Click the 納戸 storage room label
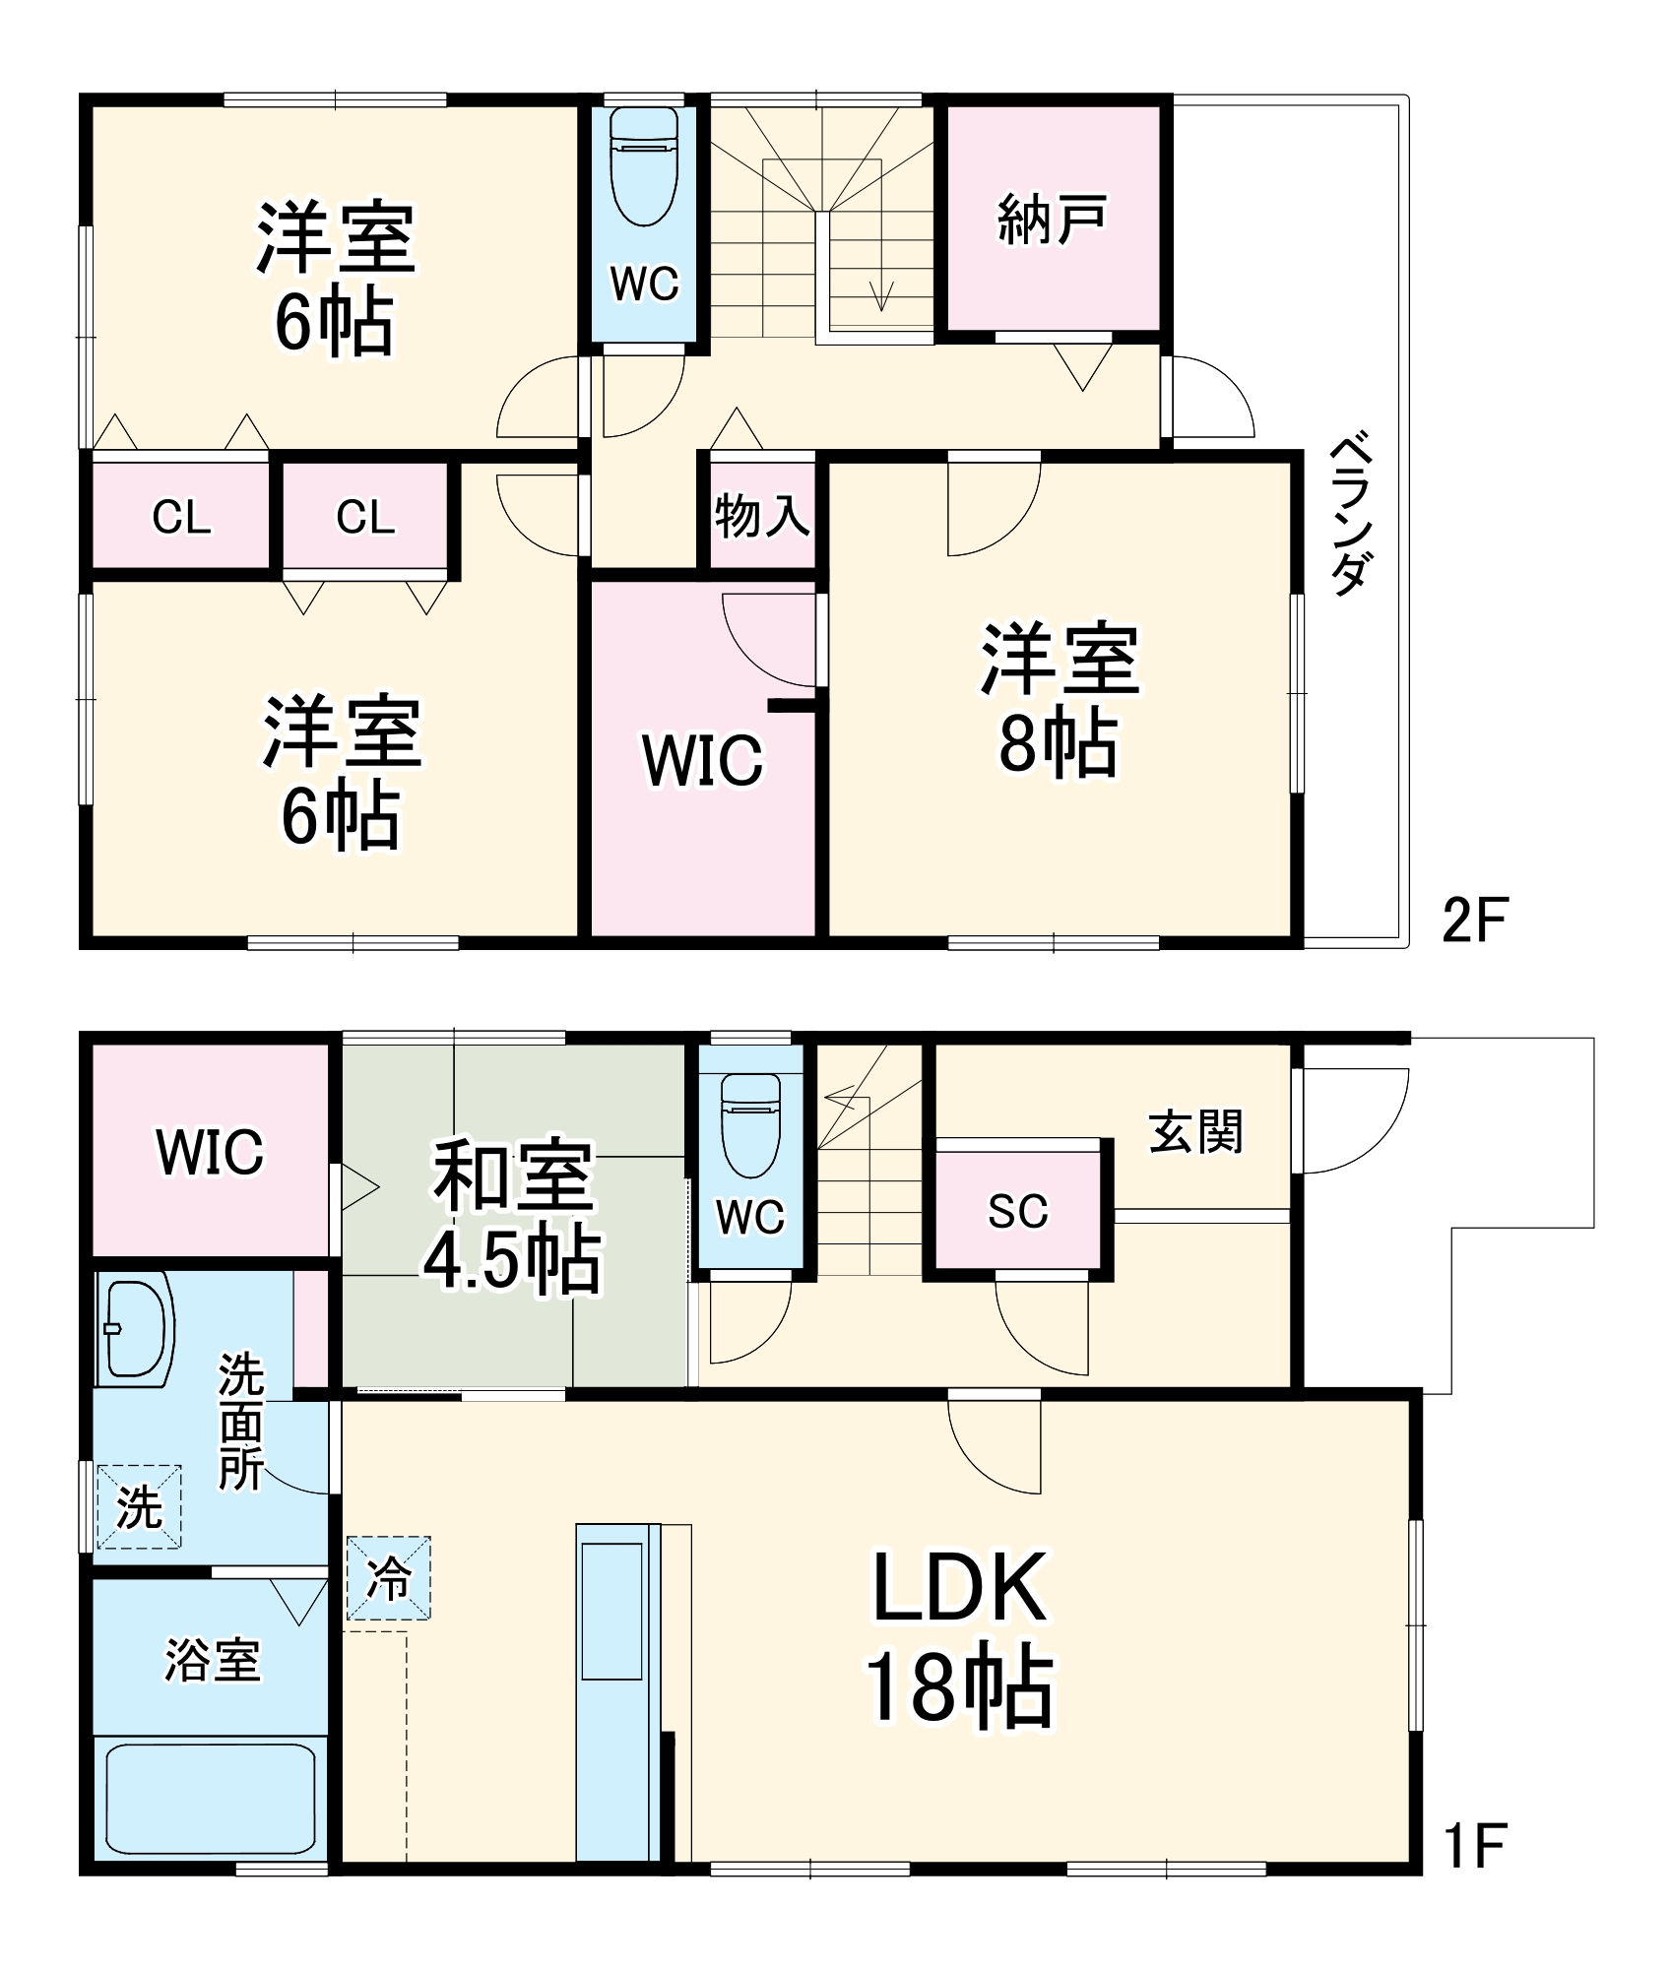pyautogui.click(x=1052, y=220)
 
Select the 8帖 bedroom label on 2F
pyautogui.click(x=1060, y=700)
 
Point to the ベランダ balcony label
pyautogui.click(x=1351, y=513)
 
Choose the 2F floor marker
pyautogui.click(x=1474, y=920)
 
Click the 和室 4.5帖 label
pyautogui.click(x=513, y=1217)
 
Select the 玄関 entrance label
pyautogui.click(x=1195, y=1131)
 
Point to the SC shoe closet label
pyautogui.click(x=1018, y=1211)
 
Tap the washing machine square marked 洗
pyautogui.click(x=139, y=1507)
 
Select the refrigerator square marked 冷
pyautogui.click(x=388, y=1578)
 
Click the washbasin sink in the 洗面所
pyautogui.click(x=135, y=1328)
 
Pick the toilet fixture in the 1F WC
pyautogui.click(x=750, y=1123)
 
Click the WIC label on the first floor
pyautogui.click(x=210, y=1152)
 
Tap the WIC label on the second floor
pyautogui.click(x=702, y=760)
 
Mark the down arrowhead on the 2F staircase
pyautogui.click(x=881, y=295)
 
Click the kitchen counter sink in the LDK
pyautogui.click(x=611, y=1611)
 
